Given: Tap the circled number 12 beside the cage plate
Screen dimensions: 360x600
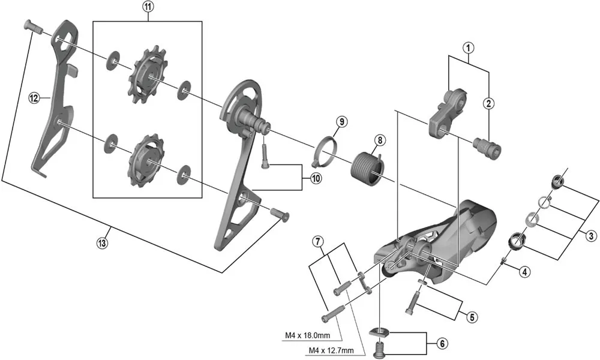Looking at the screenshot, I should tap(34, 96).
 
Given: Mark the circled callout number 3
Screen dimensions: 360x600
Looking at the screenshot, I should tap(592, 236).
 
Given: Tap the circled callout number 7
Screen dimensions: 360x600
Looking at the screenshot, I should tap(319, 242).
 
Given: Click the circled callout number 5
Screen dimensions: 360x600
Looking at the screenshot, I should tap(472, 316).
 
